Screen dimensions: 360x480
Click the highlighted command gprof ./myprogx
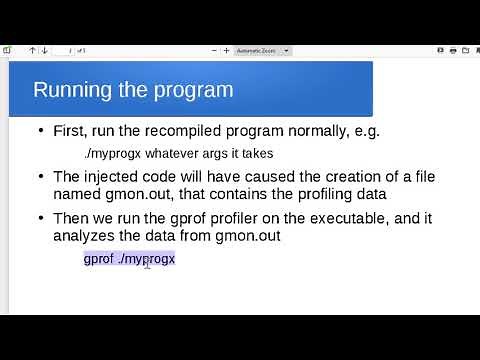click(x=129, y=259)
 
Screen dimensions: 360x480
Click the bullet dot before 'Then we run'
click(x=40, y=218)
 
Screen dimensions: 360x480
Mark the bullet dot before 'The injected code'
click(x=40, y=176)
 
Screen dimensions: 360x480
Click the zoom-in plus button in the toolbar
click(x=226, y=50)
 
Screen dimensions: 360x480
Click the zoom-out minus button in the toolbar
click(x=213, y=50)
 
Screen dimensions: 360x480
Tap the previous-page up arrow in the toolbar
click(x=32, y=50)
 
